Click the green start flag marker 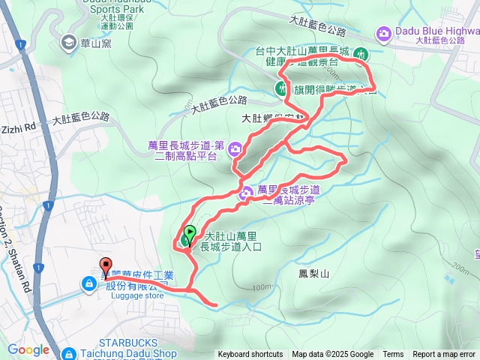point(189,232)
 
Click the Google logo point(28,349)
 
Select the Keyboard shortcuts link point(251,355)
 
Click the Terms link point(393,355)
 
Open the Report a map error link point(445,355)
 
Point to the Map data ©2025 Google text point(333,355)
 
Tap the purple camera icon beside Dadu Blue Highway point(383,33)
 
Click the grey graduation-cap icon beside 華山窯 point(70,43)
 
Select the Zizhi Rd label point(19,129)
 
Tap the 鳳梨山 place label point(313,274)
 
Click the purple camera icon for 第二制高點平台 point(235,148)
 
